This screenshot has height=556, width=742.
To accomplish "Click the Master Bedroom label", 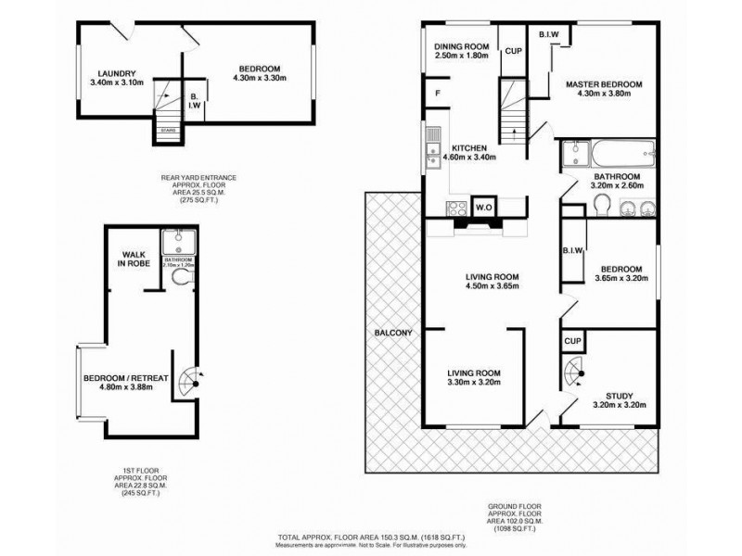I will pyautogui.click(x=604, y=85).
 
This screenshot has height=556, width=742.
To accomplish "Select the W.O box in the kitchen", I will pyautogui.click(x=483, y=207).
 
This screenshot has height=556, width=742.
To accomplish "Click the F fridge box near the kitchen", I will pyautogui.click(x=438, y=92).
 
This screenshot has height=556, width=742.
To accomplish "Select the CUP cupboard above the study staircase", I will pyautogui.click(x=571, y=342).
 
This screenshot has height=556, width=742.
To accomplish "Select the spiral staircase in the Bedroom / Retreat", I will pyautogui.click(x=189, y=380).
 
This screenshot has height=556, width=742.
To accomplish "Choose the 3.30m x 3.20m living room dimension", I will pyautogui.click(x=468, y=381).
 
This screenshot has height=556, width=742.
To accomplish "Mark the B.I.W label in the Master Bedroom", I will pyautogui.click(x=547, y=34).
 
